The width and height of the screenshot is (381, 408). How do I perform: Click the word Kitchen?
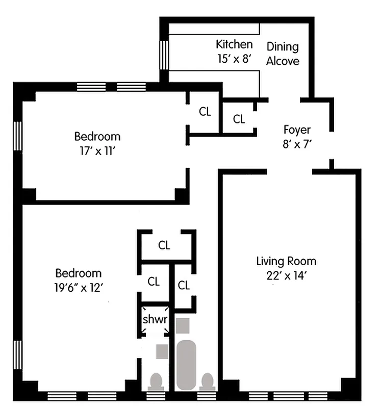pos(234,44)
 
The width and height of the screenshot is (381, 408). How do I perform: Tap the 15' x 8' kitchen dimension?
pos(234,58)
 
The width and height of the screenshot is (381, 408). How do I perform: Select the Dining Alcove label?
pos(283,54)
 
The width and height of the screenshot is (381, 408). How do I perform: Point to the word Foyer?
pos(297,130)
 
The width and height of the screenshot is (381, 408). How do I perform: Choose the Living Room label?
pos(286,262)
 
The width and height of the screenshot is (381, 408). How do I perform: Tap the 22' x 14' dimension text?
pos(286,276)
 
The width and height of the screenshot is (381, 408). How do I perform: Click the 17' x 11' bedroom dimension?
pos(97,150)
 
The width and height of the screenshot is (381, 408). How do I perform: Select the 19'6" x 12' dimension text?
pos(78,287)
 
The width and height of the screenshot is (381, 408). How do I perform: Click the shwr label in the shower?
pos(155,320)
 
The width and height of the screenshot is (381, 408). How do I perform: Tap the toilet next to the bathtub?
pos(207,380)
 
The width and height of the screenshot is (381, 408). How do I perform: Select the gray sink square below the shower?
pos(162,350)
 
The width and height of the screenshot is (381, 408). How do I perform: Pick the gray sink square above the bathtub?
pos(183,325)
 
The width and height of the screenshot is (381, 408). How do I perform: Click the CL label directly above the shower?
pos(154,282)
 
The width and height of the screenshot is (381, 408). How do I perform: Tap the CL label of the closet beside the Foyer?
pos(239,119)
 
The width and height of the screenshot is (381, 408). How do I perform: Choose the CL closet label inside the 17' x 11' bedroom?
pos(205,112)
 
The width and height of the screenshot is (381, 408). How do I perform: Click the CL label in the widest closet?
pos(164,245)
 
